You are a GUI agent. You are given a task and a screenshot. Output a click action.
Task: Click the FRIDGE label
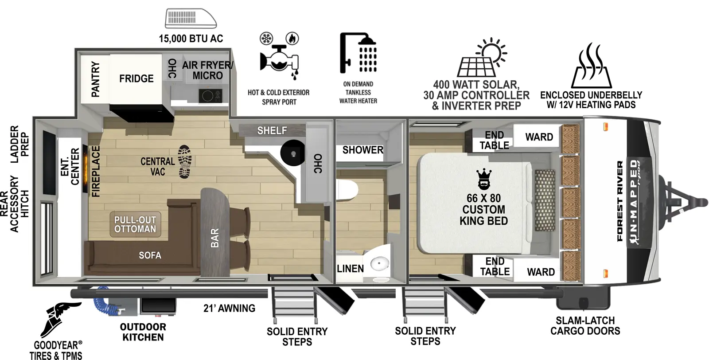(x=136, y=78)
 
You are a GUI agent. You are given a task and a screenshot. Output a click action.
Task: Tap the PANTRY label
(x=95, y=79)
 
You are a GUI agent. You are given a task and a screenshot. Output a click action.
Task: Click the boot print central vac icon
(x=184, y=162)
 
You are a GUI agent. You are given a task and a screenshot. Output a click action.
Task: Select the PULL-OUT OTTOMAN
(x=135, y=224)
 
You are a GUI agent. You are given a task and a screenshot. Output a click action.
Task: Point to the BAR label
(x=214, y=238)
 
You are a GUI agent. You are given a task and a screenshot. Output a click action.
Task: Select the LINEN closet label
(x=350, y=269)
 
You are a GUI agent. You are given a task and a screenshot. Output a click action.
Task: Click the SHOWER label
(x=362, y=150)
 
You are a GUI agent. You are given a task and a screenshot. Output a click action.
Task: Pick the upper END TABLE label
(x=494, y=140)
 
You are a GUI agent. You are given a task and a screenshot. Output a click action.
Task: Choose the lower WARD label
(x=541, y=272)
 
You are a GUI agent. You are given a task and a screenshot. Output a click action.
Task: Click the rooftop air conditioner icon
(x=191, y=19)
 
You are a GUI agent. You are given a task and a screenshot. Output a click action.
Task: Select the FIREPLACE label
(x=96, y=171)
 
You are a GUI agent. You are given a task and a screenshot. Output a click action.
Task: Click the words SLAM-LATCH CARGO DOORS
(x=585, y=325)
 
